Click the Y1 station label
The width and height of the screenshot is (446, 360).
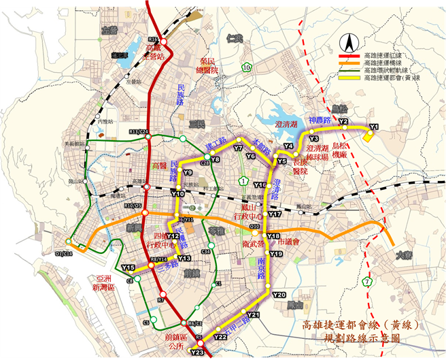click(x=373, y=127)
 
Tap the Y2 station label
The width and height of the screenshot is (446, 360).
click(x=343, y=122)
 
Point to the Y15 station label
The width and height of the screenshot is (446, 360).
click(x=128, y=267)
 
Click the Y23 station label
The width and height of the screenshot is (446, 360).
click(x=197, y=352)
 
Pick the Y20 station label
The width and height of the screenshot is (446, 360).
click(x=279, y=295)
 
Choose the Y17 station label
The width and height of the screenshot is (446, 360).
click(x=275, y=214)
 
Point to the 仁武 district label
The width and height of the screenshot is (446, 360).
click(x=236, y=37)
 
